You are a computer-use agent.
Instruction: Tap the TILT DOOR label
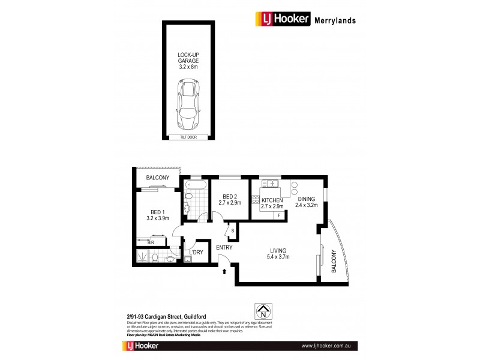click(x=188, y=137)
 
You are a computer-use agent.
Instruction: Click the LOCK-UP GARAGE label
click(x=188, y=61)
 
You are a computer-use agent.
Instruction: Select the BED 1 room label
click(x=158, y=214)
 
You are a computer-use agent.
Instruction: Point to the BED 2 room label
click(x=231, y=199)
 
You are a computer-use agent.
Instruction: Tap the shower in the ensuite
click(x=142, y=257)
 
